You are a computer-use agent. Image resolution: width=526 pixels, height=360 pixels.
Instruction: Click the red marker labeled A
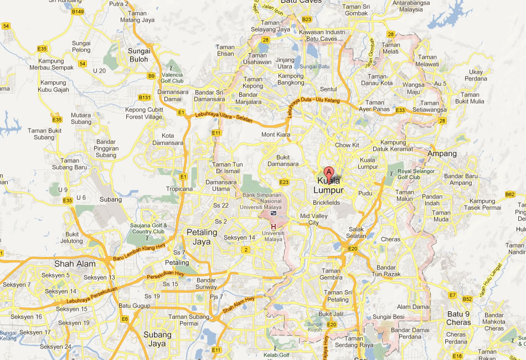(x=329, y=172)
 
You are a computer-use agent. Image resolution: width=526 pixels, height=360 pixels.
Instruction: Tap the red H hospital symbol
(x=273, y=227)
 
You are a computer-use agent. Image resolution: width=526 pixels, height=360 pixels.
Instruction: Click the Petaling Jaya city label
(x=202, y=236)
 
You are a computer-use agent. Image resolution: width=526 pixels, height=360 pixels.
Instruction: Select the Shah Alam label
(x=75, y=263)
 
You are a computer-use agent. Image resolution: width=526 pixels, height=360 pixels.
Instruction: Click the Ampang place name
(x=442, y=153)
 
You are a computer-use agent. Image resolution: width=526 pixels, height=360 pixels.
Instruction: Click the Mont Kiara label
(x=275, y=135)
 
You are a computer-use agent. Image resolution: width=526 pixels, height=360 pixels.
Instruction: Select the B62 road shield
(x=510, y=194)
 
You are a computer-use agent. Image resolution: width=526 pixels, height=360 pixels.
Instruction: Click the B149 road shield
(x=78, y=12)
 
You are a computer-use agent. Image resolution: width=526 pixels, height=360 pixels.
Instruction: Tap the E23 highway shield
(x=284, y=182)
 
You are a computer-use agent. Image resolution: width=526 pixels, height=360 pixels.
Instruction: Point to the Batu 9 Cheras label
(x=458, y=318)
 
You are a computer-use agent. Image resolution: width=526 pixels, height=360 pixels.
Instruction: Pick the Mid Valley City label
(x=310, y=219)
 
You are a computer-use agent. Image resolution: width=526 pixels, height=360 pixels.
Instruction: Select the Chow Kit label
(x=347, y=145)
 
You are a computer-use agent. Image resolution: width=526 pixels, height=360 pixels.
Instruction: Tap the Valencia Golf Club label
(x=172, y=78)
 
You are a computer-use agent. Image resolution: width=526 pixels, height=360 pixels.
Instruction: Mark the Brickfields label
(x=326, y=203)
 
